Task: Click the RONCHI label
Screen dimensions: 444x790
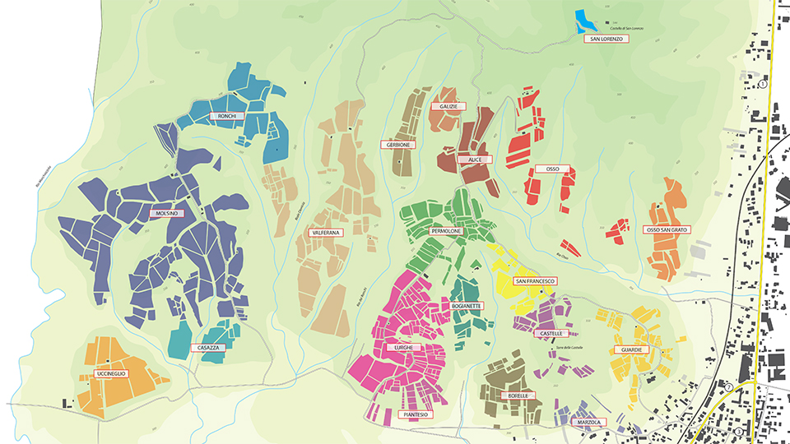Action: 227,117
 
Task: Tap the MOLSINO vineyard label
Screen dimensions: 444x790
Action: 165,213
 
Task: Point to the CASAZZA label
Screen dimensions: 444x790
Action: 208,348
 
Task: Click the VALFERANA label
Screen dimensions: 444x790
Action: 325,234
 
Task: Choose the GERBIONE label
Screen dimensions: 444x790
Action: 398,145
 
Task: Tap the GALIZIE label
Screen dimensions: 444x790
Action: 448,107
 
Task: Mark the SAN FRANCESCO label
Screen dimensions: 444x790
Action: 535,281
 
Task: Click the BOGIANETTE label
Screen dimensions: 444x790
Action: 467,305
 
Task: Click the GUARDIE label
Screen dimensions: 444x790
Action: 631,349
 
